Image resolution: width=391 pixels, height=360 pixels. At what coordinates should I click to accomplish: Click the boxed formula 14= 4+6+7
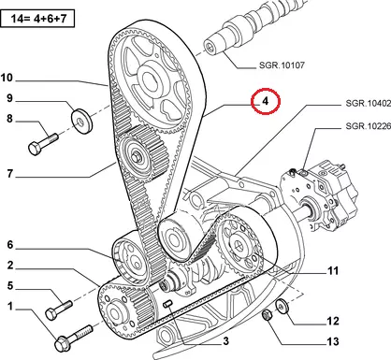click(38, 19)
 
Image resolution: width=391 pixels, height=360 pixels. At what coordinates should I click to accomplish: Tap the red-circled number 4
click(266, 101)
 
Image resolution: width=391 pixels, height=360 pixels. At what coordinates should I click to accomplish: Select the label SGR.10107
click(282, 65)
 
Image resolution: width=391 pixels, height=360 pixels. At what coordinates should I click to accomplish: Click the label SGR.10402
click(369, 103)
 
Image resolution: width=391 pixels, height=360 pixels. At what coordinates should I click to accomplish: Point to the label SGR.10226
click(369, 126)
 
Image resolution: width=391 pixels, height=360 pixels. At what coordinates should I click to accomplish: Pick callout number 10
click(7, 78)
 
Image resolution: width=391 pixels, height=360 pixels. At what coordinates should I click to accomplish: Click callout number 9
click(10, 98)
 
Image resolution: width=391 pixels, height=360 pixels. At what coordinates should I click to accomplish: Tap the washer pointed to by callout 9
click(82, 121)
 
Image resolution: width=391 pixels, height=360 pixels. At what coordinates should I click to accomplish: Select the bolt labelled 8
click(43, 144)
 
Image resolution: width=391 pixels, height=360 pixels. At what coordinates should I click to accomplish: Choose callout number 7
click(10, 174)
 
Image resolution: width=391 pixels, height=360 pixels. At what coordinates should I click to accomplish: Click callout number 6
click(10, 245)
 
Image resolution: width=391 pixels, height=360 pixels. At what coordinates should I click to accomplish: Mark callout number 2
click(10, 266)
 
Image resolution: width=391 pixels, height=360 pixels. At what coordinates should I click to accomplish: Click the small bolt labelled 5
click(59, 310)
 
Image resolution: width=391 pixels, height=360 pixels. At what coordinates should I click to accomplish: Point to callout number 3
click(225, 341)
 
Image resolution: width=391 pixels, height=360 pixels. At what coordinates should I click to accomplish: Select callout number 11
click(333, 271)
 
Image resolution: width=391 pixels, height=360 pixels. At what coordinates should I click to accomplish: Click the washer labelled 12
click(282, 306)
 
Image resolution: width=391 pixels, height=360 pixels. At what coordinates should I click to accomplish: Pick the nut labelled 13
click(267, 315)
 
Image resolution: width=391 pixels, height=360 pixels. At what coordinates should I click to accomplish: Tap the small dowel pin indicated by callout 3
click(167, 304)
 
